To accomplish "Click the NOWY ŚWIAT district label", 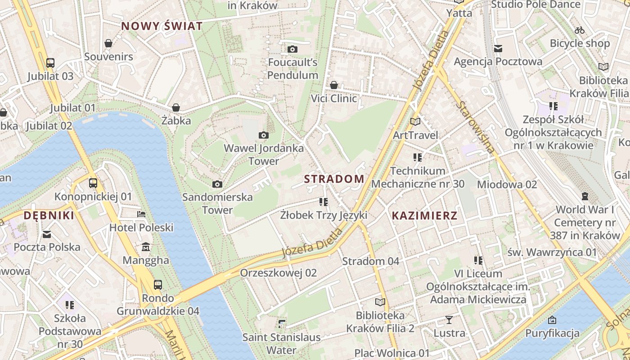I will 162,26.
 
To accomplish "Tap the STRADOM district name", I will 334,179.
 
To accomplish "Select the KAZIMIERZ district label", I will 424,216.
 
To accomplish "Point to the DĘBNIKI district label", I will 49,216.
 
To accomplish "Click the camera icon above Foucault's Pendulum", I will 292,49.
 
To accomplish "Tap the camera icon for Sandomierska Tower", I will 217,184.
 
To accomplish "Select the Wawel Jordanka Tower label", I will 264,154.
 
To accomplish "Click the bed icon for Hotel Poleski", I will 141,214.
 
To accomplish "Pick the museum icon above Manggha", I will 146,247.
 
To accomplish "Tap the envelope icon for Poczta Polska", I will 47,234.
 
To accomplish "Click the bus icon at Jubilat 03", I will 50,63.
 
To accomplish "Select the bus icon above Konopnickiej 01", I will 93,183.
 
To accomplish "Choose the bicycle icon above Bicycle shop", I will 580,30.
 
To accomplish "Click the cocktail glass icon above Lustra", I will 449,320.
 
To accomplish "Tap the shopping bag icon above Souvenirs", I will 108,43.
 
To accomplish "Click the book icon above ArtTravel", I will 415,121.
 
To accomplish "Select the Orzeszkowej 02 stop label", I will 278,273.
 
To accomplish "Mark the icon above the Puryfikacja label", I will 552,320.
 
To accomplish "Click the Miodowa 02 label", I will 507,184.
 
